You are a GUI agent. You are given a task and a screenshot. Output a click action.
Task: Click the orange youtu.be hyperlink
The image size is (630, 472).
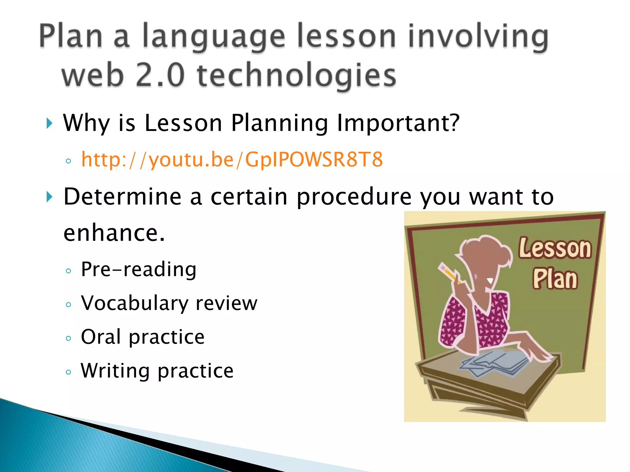pos(232,160)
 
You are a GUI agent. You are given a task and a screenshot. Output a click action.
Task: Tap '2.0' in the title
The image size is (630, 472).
pos(160,76)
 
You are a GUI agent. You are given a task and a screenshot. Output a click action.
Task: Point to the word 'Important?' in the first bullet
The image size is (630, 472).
pos(398,123)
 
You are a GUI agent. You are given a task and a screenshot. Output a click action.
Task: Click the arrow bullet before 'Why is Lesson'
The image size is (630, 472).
pos(49,124)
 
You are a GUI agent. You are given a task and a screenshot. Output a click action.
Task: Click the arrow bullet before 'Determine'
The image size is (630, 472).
pos(49,197)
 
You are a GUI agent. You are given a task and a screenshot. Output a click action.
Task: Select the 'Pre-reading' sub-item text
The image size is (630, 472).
pos(138,270)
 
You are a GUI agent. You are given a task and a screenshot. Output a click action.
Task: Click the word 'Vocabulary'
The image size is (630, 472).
pos(135,304)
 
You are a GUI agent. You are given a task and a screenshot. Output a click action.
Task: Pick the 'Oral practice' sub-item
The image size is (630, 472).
pos(143,337)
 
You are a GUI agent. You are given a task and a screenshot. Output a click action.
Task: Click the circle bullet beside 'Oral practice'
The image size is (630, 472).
pos(69,339)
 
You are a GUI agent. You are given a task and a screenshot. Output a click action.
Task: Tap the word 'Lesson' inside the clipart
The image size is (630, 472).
pos(555,248)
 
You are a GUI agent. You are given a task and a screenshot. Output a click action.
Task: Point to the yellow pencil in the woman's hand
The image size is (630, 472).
pos(449,272)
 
